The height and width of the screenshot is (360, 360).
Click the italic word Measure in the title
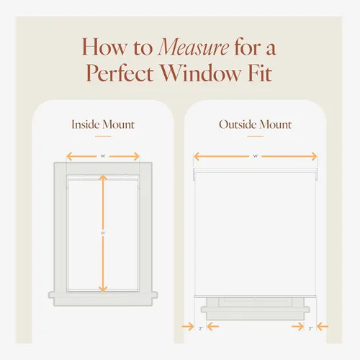click(194, 48)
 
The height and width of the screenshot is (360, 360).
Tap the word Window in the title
click(200, 73)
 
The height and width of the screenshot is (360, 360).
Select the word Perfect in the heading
click(120, 73)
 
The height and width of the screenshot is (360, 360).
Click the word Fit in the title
click(260, 73)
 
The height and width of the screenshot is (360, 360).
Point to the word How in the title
click(104, 48)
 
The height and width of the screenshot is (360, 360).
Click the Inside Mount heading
click(103, 125)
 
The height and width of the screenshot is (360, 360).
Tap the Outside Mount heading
click(256, 125)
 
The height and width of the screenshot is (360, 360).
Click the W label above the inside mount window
click(103, 156)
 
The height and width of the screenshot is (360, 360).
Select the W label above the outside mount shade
click(256, 156)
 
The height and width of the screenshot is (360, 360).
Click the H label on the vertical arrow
click(103, 233)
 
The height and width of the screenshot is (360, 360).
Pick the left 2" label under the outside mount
click(201, 328)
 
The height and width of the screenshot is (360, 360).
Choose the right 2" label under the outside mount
click(310, 328)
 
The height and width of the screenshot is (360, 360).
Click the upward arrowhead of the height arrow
click(103, 178)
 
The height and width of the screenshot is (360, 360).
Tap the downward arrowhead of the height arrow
click(103, 289)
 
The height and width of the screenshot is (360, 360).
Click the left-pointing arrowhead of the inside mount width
click(69, 156)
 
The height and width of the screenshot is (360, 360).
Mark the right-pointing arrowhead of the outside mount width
click(314, 156)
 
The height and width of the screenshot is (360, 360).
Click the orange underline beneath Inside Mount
click(103, 136)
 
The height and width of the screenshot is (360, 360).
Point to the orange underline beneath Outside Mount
click(256, 136)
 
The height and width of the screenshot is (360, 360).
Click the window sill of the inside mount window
click(103, 299)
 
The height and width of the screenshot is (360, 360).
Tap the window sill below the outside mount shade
click(256, 312)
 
